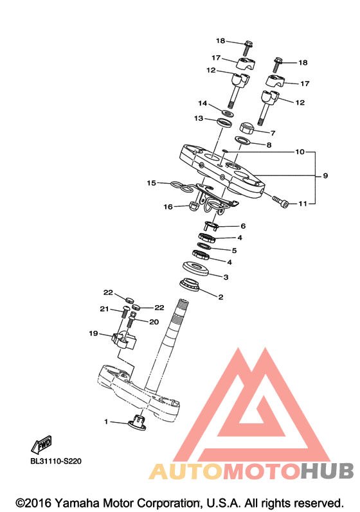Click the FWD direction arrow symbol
click(x=42, y=445)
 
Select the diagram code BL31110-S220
click(x=56, y=461)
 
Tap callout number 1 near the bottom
click(x=106, y=421)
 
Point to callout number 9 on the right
click(x=325, y=175)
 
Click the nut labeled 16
click(x=194, y=206)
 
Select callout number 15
click(x=151, y=183)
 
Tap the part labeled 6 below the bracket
click(x=211, y=225)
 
